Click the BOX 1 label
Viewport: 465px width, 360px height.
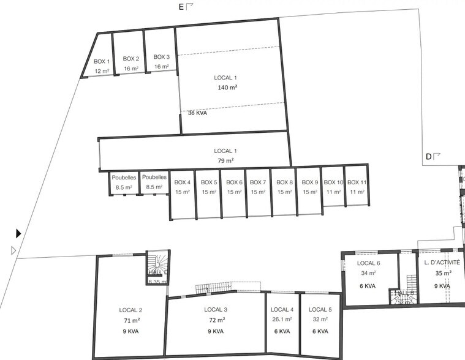click(x=102, y=61)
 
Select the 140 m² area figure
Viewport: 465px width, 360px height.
click(x=227, y=88)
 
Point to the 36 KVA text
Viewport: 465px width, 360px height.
click(x=197, y=113)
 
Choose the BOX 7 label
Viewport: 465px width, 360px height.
click(x=258, y=182)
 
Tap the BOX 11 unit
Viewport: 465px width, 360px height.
click(x=357, y=187)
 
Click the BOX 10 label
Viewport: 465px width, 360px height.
click(x=333, y=182)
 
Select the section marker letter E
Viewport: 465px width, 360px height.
click(x=181, y=7)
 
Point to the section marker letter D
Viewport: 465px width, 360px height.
click(x=429, y=157)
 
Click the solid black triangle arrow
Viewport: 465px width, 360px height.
click(x=18, y=233)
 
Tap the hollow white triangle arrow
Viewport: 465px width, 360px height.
click(x=14, y=250)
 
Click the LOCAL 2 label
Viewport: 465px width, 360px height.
click(x=131, y=310)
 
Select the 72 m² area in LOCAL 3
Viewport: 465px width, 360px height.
click(x=216, y=320)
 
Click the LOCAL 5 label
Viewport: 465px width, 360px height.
click(x=320, y=309)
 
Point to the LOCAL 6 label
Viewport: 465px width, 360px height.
click(x=368, y=263)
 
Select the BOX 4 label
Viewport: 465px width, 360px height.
click(x=182, y=182)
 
